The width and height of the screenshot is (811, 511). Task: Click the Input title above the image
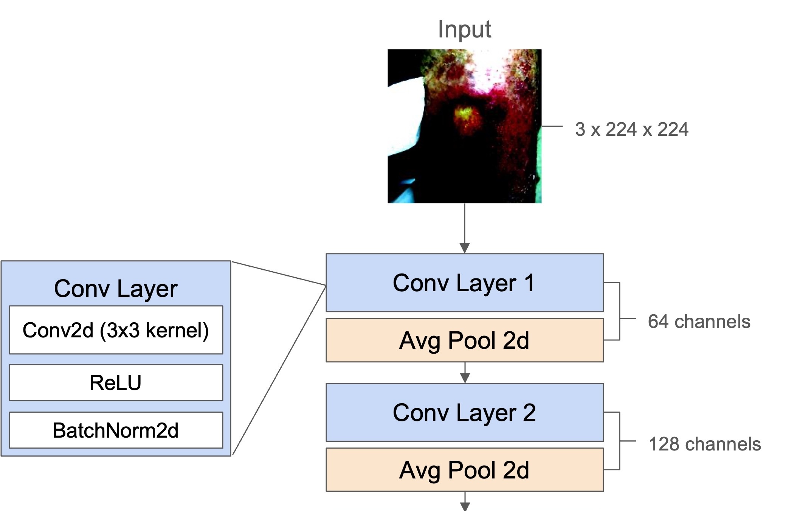coord(464,29)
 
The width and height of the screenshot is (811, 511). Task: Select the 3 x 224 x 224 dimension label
coord(631,129)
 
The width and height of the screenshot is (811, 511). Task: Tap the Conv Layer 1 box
coord(464,283)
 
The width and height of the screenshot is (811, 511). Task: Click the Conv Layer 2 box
coord(464,412)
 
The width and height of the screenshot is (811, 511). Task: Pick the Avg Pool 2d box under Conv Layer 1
coord(464,340)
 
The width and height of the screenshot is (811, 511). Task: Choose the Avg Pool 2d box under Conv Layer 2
coord(464,470)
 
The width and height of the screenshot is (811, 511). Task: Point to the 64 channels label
coord(699,322)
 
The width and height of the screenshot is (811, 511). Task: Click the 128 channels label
coord(705,444)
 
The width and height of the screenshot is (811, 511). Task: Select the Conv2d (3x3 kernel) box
coord(116,330)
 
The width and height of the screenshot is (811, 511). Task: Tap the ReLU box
coord(116,382)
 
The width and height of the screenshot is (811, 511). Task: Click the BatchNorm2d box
coord(116,430)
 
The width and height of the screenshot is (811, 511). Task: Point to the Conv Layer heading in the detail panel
coord(116,289)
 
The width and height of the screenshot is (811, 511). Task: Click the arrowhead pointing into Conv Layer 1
coord(465,248)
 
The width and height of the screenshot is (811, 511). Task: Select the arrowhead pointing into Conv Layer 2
coord(465,378)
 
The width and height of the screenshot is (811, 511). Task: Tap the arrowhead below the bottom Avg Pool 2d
coord(465,506)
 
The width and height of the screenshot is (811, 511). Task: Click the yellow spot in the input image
coord(465,113)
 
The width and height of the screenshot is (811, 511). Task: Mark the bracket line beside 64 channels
coord(619,311)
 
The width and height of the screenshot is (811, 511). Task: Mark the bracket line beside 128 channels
coord(619,441)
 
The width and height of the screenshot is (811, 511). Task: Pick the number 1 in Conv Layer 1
coord(529,283)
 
